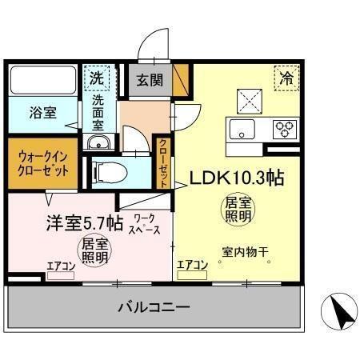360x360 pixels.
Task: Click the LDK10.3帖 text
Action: pos(237,177)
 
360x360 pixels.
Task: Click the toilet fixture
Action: pos(104,170)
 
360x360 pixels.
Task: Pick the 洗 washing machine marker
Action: pos(97,78)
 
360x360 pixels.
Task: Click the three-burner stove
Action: pos(285,128)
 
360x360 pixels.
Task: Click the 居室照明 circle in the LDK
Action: pos(238,210)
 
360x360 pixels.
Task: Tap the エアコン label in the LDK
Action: pos(193,265)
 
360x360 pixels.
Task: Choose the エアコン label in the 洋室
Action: pos(61,266)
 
